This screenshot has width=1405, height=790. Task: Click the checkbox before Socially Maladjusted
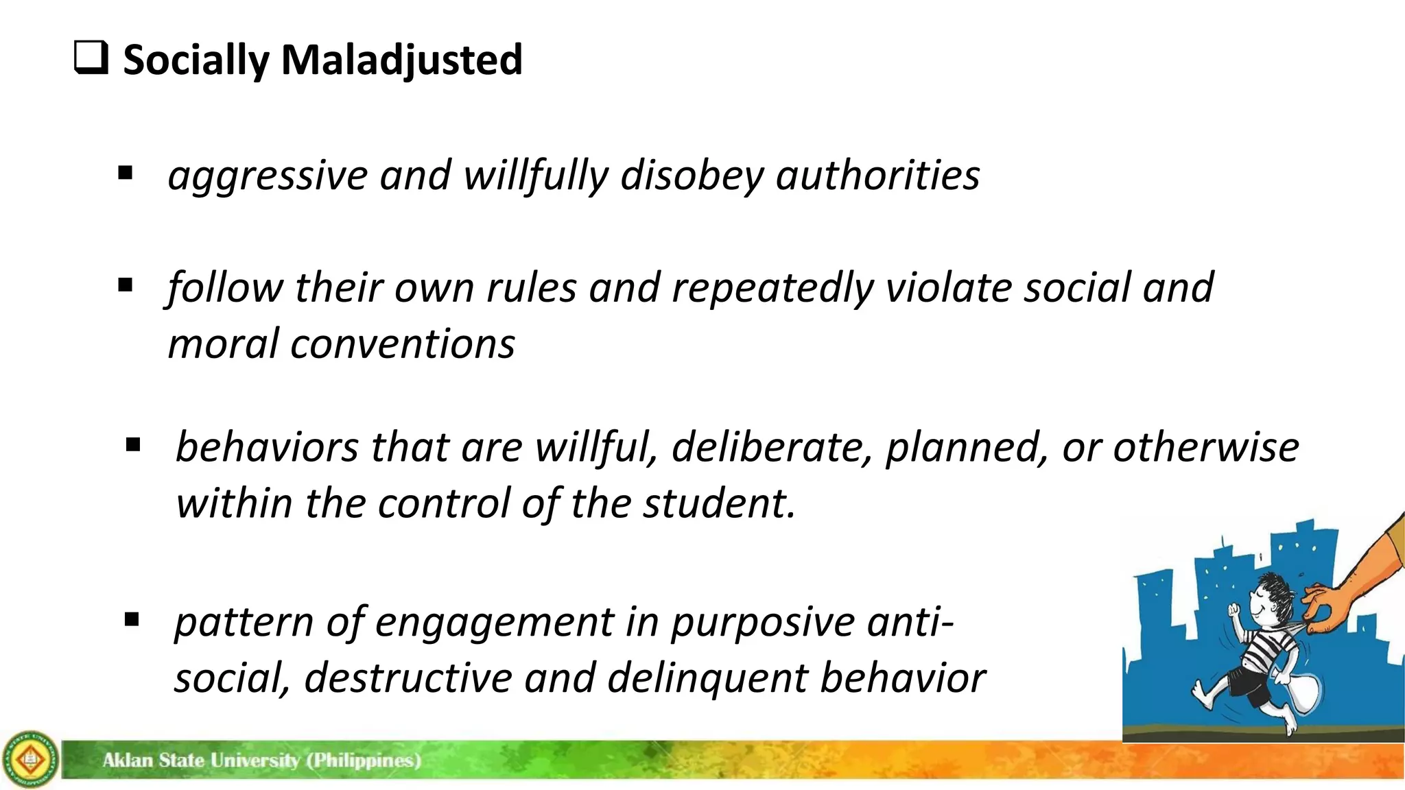tap(91, 58)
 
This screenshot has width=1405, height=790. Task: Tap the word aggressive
tap(268, 176)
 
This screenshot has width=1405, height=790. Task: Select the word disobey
tap(692, 176)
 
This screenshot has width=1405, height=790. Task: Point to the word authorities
tap(877, 175)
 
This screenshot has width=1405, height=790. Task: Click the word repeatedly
tap(772, 288)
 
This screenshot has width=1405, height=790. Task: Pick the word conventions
tap(403, 344)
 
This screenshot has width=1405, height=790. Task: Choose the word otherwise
tap(1205, 448)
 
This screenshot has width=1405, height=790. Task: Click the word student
tap(718, 503)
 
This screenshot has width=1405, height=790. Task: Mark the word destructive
tap(408, 678)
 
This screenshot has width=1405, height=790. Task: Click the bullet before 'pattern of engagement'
tap(132, 621)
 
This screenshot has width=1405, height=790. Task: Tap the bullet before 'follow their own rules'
tap(125, 285)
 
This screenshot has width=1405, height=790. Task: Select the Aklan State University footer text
tap(261, 760)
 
